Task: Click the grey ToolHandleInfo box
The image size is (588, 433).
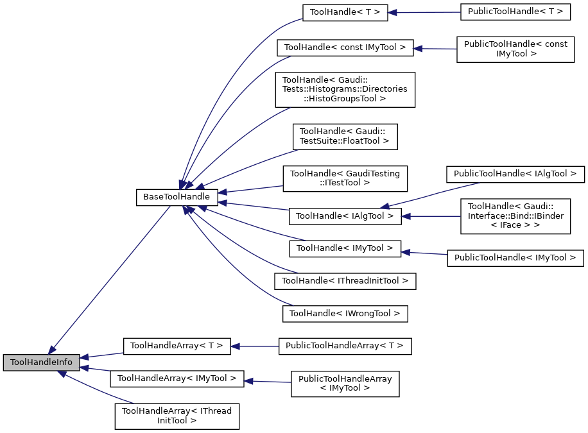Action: point(42,362)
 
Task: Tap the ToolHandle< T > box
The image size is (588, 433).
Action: point(345,12)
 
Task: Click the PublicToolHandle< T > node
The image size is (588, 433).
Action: point(515,12)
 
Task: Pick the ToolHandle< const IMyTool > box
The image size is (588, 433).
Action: point(345,47)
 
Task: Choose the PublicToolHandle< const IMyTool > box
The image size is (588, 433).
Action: point(515,49)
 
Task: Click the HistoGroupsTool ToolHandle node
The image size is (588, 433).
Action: point(345,89)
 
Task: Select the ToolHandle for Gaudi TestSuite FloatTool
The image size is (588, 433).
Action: point(345,135)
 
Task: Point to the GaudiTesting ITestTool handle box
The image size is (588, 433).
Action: point(345,178)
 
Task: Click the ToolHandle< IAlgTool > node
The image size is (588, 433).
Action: point(345,216)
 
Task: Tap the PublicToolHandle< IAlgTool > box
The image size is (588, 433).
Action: point(515,173)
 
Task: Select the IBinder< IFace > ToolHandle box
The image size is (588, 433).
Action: point(515,216)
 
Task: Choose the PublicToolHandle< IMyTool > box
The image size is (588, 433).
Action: point(515,258)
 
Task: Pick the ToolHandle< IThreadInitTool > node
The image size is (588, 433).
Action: point(345,281)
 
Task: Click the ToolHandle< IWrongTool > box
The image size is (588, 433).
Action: point(345,314)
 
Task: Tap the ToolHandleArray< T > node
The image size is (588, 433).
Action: point(177,346)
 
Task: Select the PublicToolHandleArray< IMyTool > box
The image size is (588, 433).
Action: point(345,383)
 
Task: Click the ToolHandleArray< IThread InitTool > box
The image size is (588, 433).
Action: point(177,416)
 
